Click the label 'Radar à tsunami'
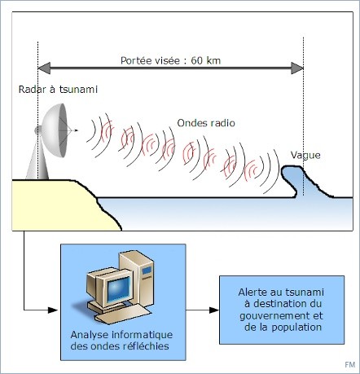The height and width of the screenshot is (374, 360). click(58, 90)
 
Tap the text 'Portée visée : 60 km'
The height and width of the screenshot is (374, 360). click(170, 60)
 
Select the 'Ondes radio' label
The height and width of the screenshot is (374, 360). click(206, 123)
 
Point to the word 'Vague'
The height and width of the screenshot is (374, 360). click(305, 155)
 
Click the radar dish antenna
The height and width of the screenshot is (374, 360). click(55, 130)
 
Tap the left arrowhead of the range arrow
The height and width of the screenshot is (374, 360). click(44, 68)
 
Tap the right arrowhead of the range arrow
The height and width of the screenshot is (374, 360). click(297, 68)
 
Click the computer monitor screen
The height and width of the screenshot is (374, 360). click(118, 288)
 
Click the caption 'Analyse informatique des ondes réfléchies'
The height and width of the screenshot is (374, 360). click(121, 341)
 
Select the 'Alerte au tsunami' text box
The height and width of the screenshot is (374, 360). click(282, 310)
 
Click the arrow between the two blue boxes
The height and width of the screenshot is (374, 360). click(202, 310)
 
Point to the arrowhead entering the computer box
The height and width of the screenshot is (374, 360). click(53, 310)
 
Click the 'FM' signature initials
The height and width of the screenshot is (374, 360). click(350, 364)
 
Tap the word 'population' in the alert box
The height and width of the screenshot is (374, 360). click(296, 328)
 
